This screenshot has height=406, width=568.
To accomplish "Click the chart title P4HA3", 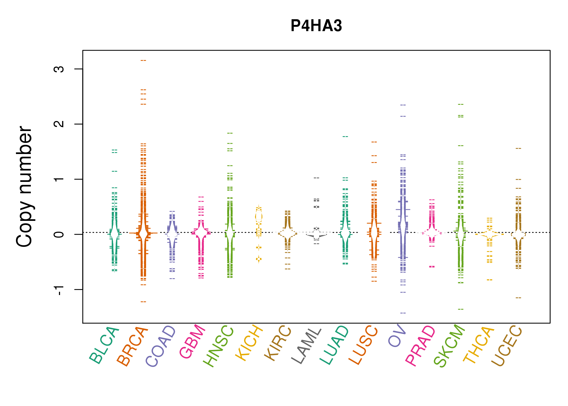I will click(x=316, y=26).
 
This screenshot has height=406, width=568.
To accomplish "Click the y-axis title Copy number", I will click(x=24, y=186).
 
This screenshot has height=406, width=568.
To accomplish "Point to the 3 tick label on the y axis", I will click(x=59, y=69).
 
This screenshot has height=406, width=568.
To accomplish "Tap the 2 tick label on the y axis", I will click(x=59, y=124).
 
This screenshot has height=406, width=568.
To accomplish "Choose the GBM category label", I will click(x=192, y=342).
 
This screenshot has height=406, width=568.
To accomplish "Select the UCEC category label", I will click(x=507, y=346).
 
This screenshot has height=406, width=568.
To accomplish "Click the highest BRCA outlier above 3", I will click(x=143, y=60).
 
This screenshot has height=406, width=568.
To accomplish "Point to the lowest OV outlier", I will click(x=403, y=313).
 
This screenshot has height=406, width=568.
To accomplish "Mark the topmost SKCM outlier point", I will click(x=461, y=104).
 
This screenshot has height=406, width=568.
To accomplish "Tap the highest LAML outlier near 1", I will click(x=316, y=178).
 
